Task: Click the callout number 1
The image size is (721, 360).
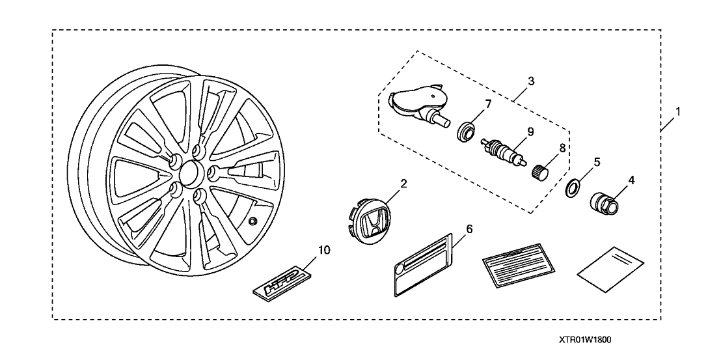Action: coord(677,111)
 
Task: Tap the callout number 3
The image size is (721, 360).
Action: coord(531,81)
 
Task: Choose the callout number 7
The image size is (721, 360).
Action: coord(487,104)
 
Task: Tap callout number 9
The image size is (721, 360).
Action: coord(530,132)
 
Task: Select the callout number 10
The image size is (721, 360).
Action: coord(323,249)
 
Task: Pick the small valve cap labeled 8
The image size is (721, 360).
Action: coord(541,172)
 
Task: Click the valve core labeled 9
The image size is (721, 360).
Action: coord(501,149)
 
